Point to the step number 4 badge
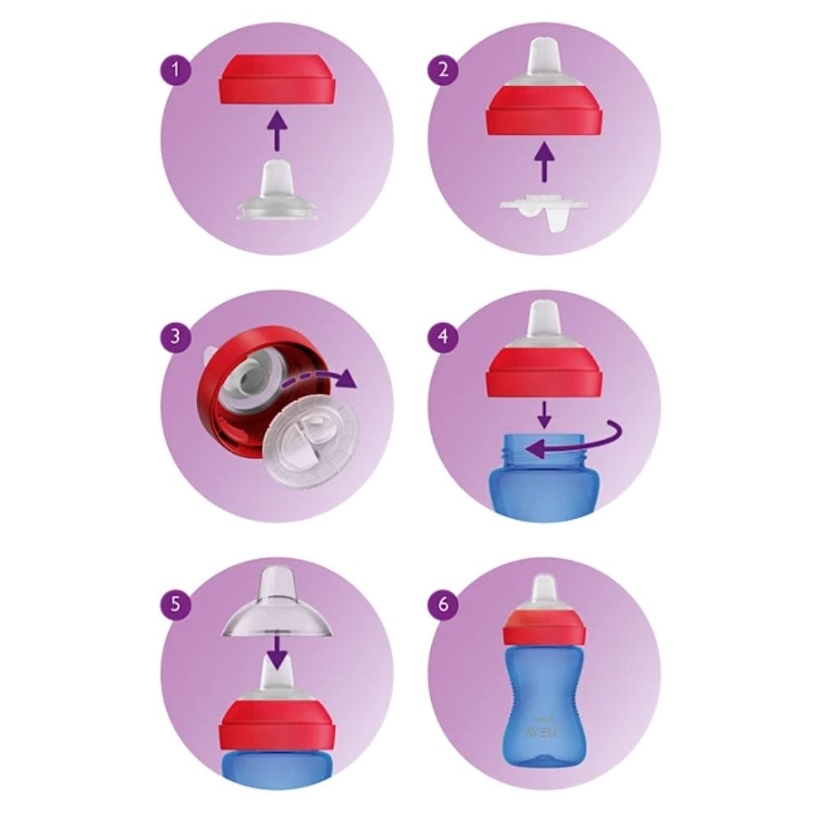(444, 337)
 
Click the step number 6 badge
(444, 605)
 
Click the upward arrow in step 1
(277, 131)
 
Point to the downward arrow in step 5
(277, 653)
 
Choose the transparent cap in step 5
(277, 608)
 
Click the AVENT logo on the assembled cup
(544, 732)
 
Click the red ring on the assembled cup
(544, 629)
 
